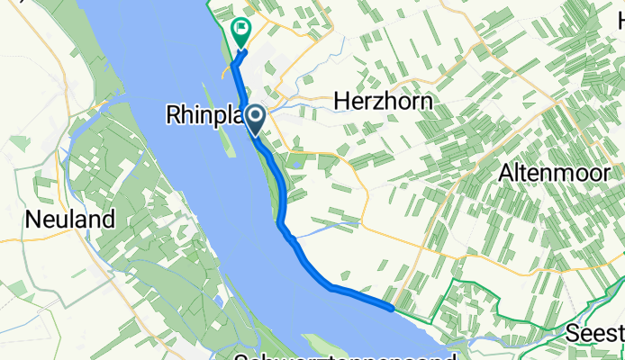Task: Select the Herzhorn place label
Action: pos(383,102)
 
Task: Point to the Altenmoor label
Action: pos(557,174)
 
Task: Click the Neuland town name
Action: pos(70,219)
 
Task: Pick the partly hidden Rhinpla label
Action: pos(203,114)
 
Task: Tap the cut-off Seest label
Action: pos(595,334)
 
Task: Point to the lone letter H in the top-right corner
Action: pos(620,17)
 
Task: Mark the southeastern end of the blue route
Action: pos(392,308)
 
